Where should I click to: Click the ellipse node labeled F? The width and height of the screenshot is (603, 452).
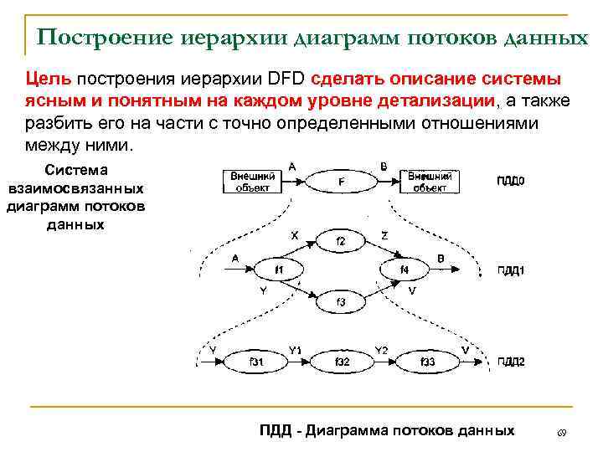pyautogui.click(x=339, y=180)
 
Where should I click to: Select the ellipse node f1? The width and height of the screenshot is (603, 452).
pyautogui.click(x=278, y=270)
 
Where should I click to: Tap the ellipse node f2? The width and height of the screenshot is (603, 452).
pyautogui.click(x=340, y=241)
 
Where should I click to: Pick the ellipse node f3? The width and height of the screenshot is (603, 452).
pyautogui.click(x=340, y=300)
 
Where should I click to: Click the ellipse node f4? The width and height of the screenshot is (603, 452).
pyautogui.click(x=405, y=270)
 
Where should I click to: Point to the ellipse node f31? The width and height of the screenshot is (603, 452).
pyautogui.click(x=256, y=361)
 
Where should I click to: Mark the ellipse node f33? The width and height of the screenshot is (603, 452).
pyautogui.click(x=426, y=361)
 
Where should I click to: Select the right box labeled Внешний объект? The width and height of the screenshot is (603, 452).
pyautogui.click(x=430, y=181)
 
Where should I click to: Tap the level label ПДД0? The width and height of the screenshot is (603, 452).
pyautogui.click(x=510, y=181)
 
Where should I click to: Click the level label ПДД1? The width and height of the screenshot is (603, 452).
pyautogui.click(x=510, y=270)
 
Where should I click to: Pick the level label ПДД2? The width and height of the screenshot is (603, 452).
pyautogui.click(x=510, y=362)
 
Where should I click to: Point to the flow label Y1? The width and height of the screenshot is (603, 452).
pyautogui.click(x=295, y=349)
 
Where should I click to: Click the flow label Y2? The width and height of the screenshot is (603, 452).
pyautogui.click(x=380, y=349)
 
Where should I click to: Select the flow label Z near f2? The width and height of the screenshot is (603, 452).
pyautogui.click(x=384, y=236)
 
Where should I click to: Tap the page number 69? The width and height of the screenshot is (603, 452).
pyautogui.click(x=562, y=432)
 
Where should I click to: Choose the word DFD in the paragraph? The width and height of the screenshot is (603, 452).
pyautogui.click(x=286, y=80)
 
